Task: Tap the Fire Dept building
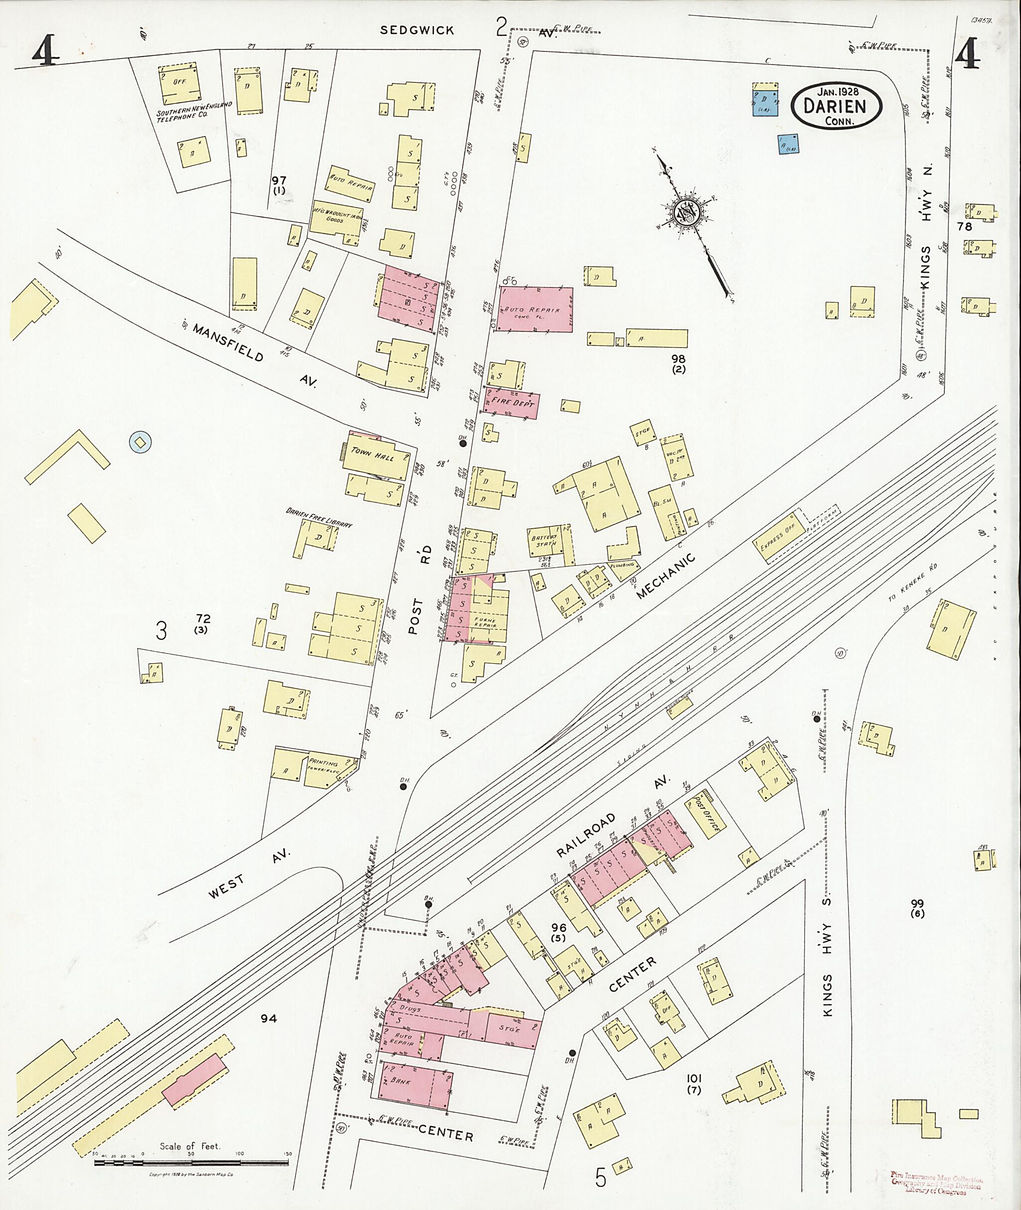511,403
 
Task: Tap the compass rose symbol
691,213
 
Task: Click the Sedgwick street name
417,30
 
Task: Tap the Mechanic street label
666,575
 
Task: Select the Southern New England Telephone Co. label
194,109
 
